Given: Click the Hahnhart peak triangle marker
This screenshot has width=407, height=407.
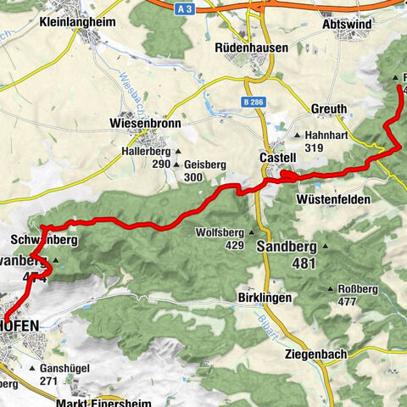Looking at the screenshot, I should click(297, 134).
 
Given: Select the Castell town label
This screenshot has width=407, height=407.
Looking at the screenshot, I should click(276, 158).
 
